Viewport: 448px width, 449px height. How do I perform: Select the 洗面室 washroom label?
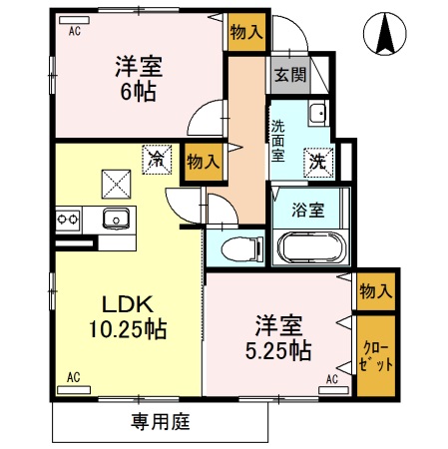click(277, 141)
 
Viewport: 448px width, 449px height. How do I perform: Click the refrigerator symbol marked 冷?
click(157, 158)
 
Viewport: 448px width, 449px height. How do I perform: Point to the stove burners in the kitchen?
click(68, 218)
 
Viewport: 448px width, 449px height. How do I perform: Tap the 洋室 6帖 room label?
click(137, 76)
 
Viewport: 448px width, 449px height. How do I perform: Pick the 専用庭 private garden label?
click(161, 422)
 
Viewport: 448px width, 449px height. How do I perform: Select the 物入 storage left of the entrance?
click(245, 32)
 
